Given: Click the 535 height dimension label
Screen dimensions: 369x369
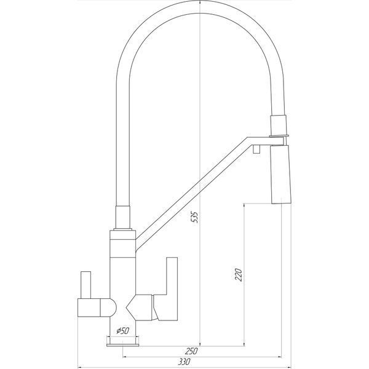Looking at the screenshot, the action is (x=194, y=217).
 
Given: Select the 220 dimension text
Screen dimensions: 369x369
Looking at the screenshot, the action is (x=239, y=275).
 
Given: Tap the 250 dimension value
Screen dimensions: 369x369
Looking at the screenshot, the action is (x=191, y=351).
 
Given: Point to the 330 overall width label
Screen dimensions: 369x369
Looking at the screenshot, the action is (x=184, y=362).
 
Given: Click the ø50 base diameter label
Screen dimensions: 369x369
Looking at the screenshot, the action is (x=123, y=331).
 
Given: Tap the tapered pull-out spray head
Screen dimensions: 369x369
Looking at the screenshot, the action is (x=281, y=174).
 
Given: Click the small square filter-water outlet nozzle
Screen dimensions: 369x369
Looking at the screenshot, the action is (x=256, y=149).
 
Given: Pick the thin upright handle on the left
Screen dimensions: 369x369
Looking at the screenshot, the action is (x=85, y=285).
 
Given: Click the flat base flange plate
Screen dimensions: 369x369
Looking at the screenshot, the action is (x=122, y=345).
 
